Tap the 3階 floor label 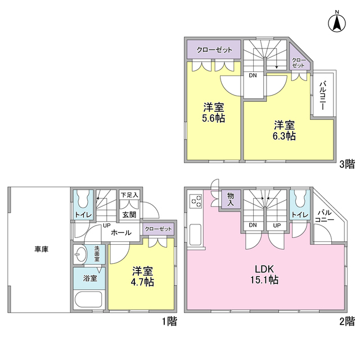[346, 164]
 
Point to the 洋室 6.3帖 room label [285, 130]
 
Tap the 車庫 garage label [40, 249]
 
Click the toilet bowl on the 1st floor [83, 199]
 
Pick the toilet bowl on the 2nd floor [299, 199]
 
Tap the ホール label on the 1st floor [121, 232]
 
